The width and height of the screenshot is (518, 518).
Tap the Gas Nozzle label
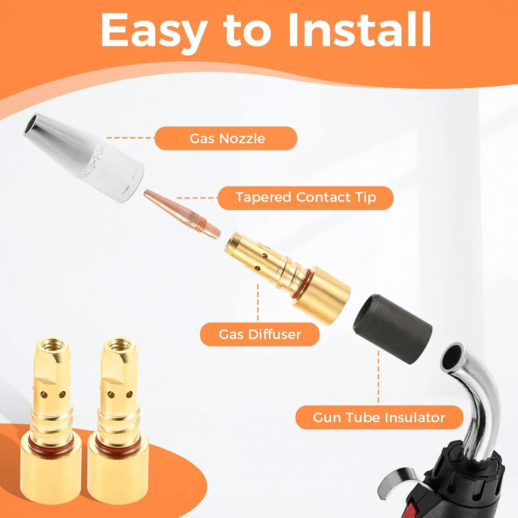coord(226,138)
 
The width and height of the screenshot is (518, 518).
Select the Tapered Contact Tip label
coord(306,198)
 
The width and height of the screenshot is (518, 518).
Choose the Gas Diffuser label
coord(260,334)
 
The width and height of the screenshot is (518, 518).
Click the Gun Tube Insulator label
coord(379,418)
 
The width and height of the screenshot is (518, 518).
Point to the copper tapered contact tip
coord(182,214)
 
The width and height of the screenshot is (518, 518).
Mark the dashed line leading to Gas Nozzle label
coord(131,138)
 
